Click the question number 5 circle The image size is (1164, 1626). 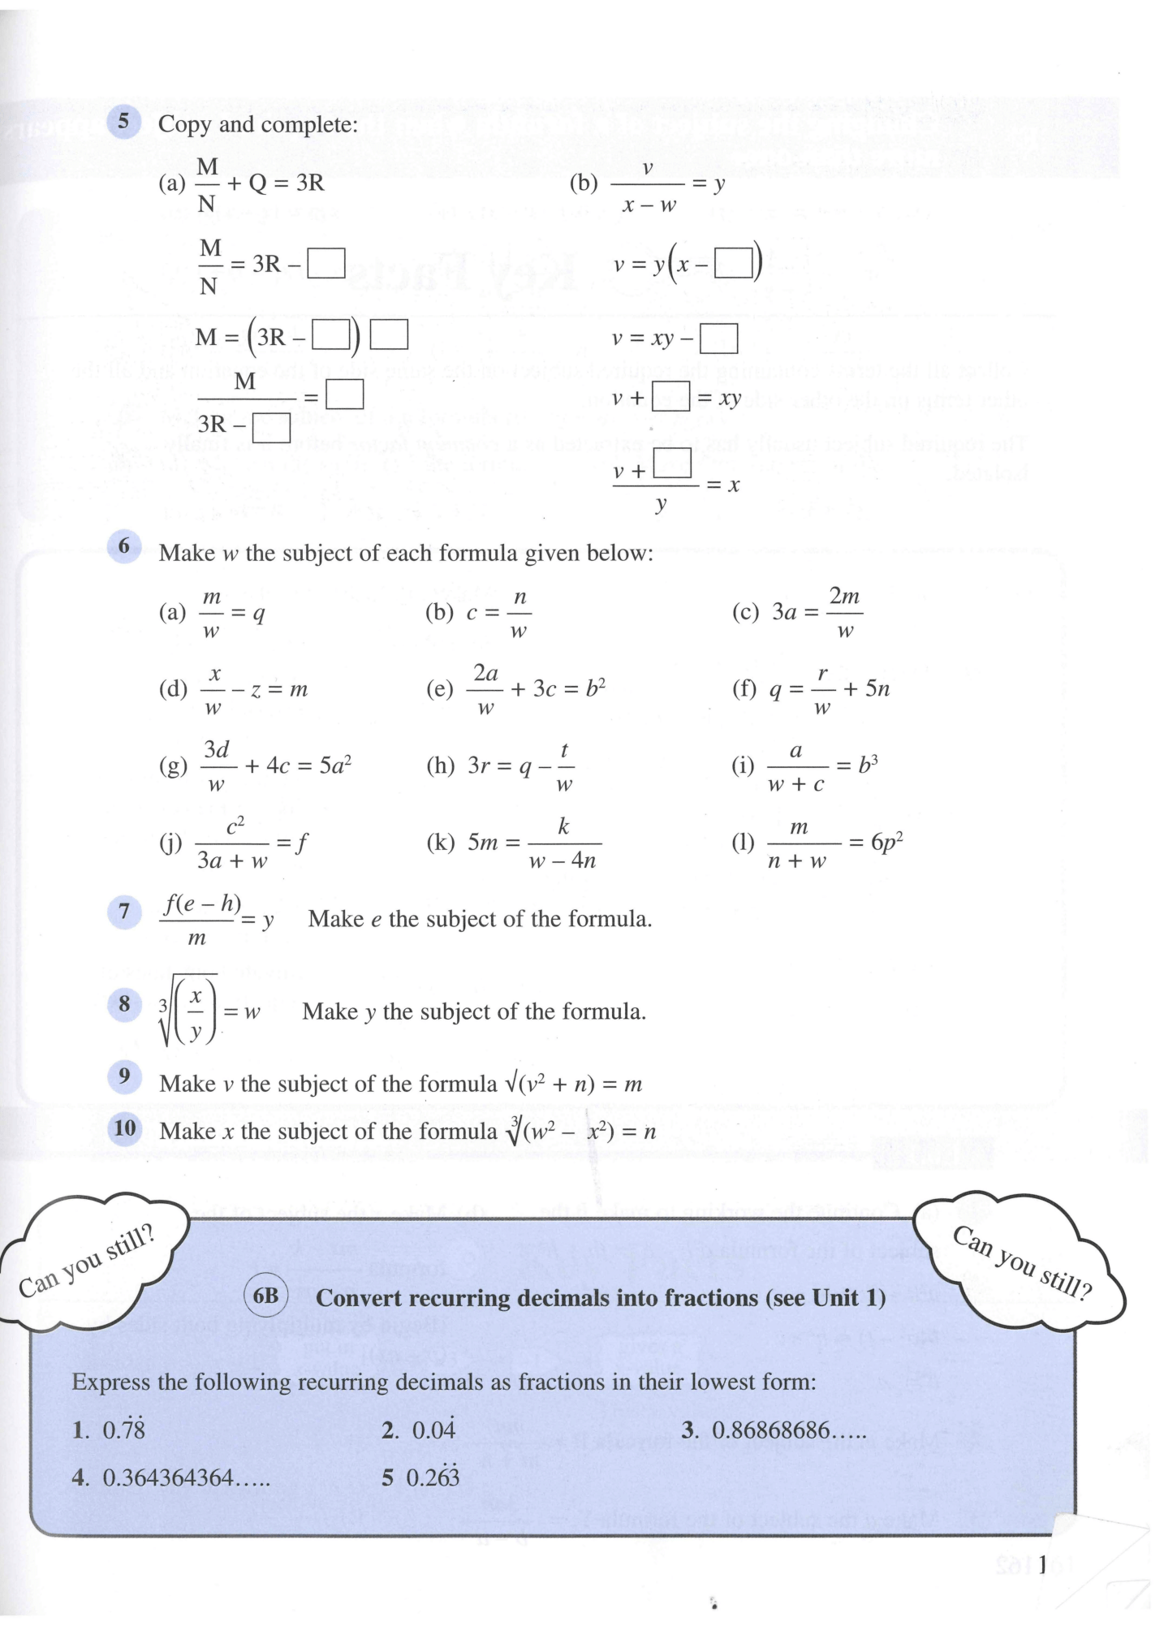(123, 122)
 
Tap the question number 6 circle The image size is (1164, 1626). (124, 546)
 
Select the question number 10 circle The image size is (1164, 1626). (125, 1128)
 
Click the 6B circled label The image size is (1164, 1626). (265, 1296)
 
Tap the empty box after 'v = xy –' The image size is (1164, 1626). (718, 339)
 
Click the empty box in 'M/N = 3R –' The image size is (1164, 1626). (327, 263)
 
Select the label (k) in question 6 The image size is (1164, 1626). (441, 843)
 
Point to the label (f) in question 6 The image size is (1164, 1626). (745, 689)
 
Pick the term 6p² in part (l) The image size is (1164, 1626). (887, 842)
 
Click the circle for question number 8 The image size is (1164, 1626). (124, 1004)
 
